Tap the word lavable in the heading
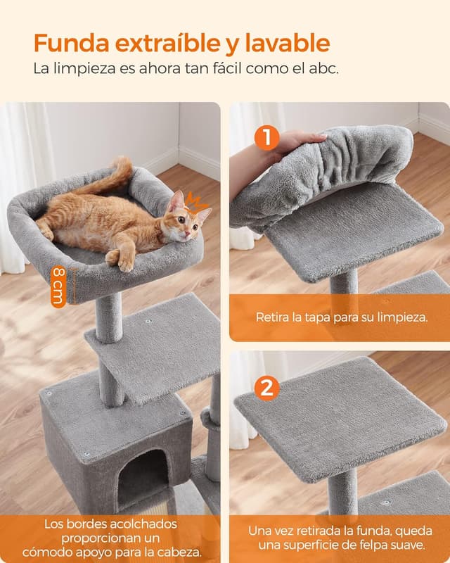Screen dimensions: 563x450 point(288,44)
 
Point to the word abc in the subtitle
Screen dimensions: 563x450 point(326,70)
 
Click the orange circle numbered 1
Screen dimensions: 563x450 point(266,137)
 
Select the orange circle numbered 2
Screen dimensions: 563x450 point(266,388)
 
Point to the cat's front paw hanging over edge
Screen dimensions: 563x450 point(125,261)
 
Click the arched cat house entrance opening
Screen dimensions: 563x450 point(143,478)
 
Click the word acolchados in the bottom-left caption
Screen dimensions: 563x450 point(145,524)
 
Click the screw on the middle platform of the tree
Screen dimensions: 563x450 point(149,321)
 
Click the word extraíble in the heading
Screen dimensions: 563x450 point(172,44)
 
